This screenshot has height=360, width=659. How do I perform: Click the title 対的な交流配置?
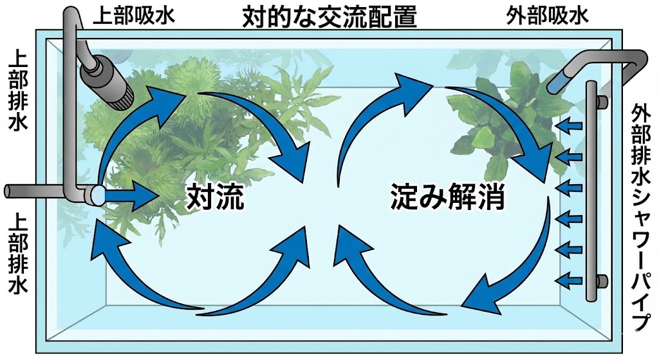pyautogui.click(x=329, y=15)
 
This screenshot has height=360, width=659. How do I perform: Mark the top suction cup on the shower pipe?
pyautogui.click(x=602, y=102)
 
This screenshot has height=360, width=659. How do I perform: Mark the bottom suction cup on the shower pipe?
pyautogui.click(x=602, y=280)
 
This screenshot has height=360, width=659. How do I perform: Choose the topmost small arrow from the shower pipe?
pyautogui.click(x=568, y=123)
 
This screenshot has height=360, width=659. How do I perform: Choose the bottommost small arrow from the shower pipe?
pyautogui.click(x=568, y=279)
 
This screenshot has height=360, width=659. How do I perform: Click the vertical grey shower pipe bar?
pyautogui.click(x=589, y=193)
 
